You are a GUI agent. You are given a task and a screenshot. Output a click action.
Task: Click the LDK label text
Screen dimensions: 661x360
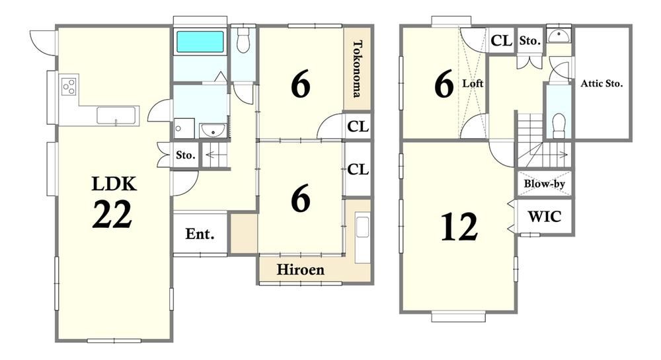point(114,184)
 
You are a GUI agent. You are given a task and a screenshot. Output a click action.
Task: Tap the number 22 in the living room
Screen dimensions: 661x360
point(112,214)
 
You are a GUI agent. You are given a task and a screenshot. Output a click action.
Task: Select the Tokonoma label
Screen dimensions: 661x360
point(358,69)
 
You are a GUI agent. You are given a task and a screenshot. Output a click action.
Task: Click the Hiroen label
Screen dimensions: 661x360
point(301,270)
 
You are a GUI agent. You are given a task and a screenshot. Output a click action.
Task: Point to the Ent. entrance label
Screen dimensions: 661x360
point(200,234)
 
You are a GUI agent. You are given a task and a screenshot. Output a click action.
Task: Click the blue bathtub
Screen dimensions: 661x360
point(200,42)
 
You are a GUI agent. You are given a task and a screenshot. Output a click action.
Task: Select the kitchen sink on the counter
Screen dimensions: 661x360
point(118,116)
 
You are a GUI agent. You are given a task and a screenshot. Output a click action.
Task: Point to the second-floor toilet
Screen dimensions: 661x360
point(559,125)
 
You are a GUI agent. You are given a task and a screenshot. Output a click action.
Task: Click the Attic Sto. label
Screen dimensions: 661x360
point(602,83)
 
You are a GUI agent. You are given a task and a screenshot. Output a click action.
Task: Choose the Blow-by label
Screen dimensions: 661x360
point(544,184)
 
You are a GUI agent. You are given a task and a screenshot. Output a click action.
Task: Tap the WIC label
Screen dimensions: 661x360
point(545,217)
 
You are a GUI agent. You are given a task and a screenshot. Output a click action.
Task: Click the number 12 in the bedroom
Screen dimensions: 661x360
point(459,227)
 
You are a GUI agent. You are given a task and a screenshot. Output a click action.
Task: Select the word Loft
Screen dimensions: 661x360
point(473,83)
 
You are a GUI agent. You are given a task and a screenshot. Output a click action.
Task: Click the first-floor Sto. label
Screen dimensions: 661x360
point(186,155)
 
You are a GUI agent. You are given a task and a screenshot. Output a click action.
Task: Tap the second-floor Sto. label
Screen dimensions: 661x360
point(530,41)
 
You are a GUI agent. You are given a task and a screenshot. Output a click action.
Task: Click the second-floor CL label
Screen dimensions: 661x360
point(501,40)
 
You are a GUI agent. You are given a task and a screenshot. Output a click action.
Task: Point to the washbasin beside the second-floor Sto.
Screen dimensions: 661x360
point(559,36)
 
